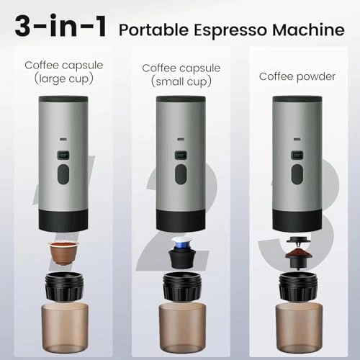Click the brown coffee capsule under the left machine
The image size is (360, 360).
coord(63,253)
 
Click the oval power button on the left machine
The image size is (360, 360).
coord(63,176)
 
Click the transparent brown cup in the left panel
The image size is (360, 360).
coord(64,320)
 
